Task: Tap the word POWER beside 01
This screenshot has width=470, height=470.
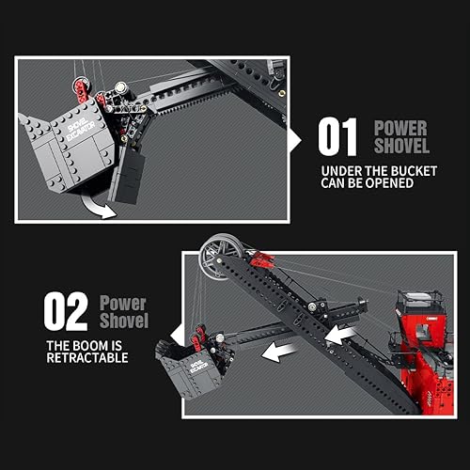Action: click(x=401, y=128)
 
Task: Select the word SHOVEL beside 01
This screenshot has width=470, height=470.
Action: click(x=401, y=147)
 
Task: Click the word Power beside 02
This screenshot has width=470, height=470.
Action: click(x=124, y=303)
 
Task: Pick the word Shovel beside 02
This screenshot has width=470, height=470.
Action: click(x=124, y=321)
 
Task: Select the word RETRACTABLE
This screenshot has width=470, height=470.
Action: click(x=86, y=357)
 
